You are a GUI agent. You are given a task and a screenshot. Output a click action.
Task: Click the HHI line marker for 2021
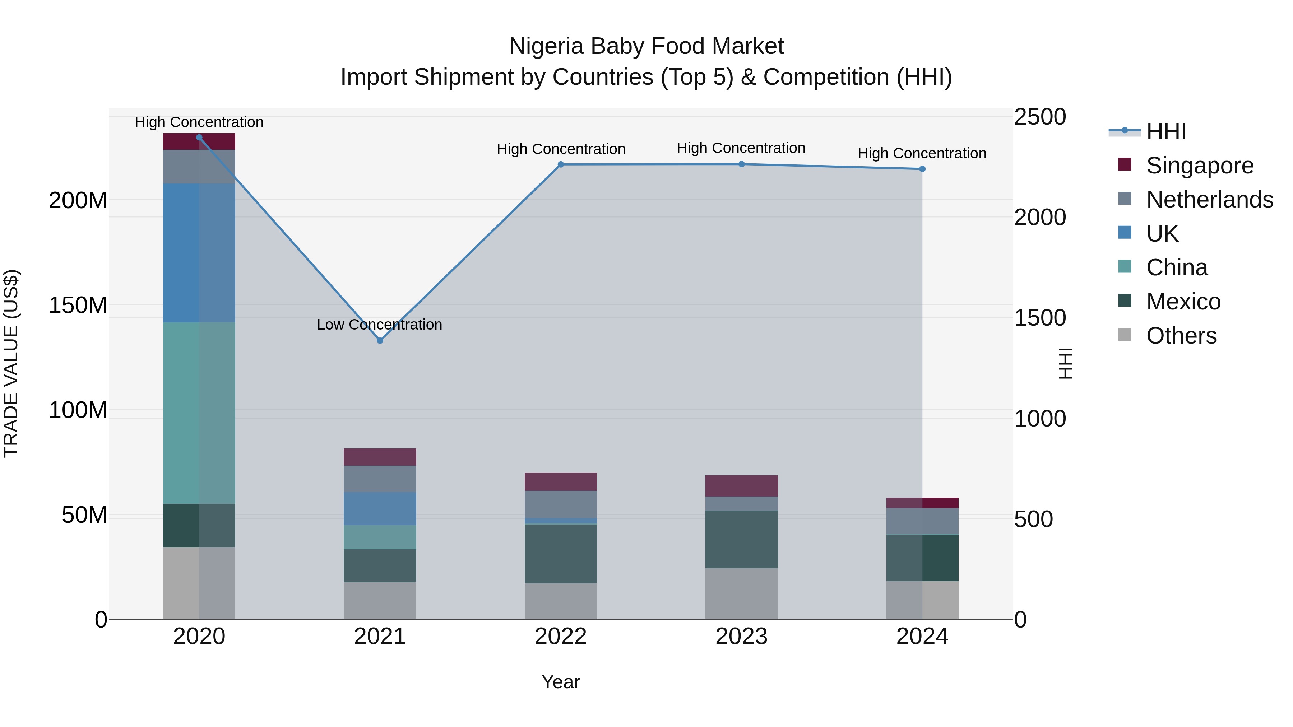pos(380,341)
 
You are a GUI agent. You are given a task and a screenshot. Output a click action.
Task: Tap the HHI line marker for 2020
pos(199,138)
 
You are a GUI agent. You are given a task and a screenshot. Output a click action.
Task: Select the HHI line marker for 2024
pos(922,169)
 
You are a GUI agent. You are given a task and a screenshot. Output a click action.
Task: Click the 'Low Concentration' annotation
pos(380,325)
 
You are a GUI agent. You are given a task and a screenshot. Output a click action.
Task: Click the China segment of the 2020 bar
pos(199,413)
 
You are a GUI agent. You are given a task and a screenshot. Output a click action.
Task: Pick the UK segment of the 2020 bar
pos(199,253)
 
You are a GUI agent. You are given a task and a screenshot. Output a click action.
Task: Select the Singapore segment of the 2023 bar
pos(741,486)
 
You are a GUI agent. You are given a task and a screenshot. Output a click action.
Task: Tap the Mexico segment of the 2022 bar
pos(561,553)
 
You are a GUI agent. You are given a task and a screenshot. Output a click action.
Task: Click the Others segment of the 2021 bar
pos(380,601)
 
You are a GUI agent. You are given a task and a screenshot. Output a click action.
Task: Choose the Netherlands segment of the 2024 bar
pos(922,521)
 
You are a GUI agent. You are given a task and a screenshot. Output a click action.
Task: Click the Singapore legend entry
pos(1200,166)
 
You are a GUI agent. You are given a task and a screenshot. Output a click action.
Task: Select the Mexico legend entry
pos(1183,302)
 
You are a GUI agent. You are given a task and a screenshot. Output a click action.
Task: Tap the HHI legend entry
pos(1166,131)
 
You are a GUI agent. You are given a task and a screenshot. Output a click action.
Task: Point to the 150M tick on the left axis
pos(78,305)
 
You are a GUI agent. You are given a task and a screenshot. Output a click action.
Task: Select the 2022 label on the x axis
pos(561,637)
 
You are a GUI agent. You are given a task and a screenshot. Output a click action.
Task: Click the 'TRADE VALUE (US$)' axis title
pos(11,363)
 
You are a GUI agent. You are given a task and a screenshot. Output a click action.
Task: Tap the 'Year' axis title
pos(561,682)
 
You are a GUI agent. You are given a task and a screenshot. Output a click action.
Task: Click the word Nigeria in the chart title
pos(547,46)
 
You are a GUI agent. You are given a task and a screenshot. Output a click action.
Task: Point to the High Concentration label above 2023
pos(741,148)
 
